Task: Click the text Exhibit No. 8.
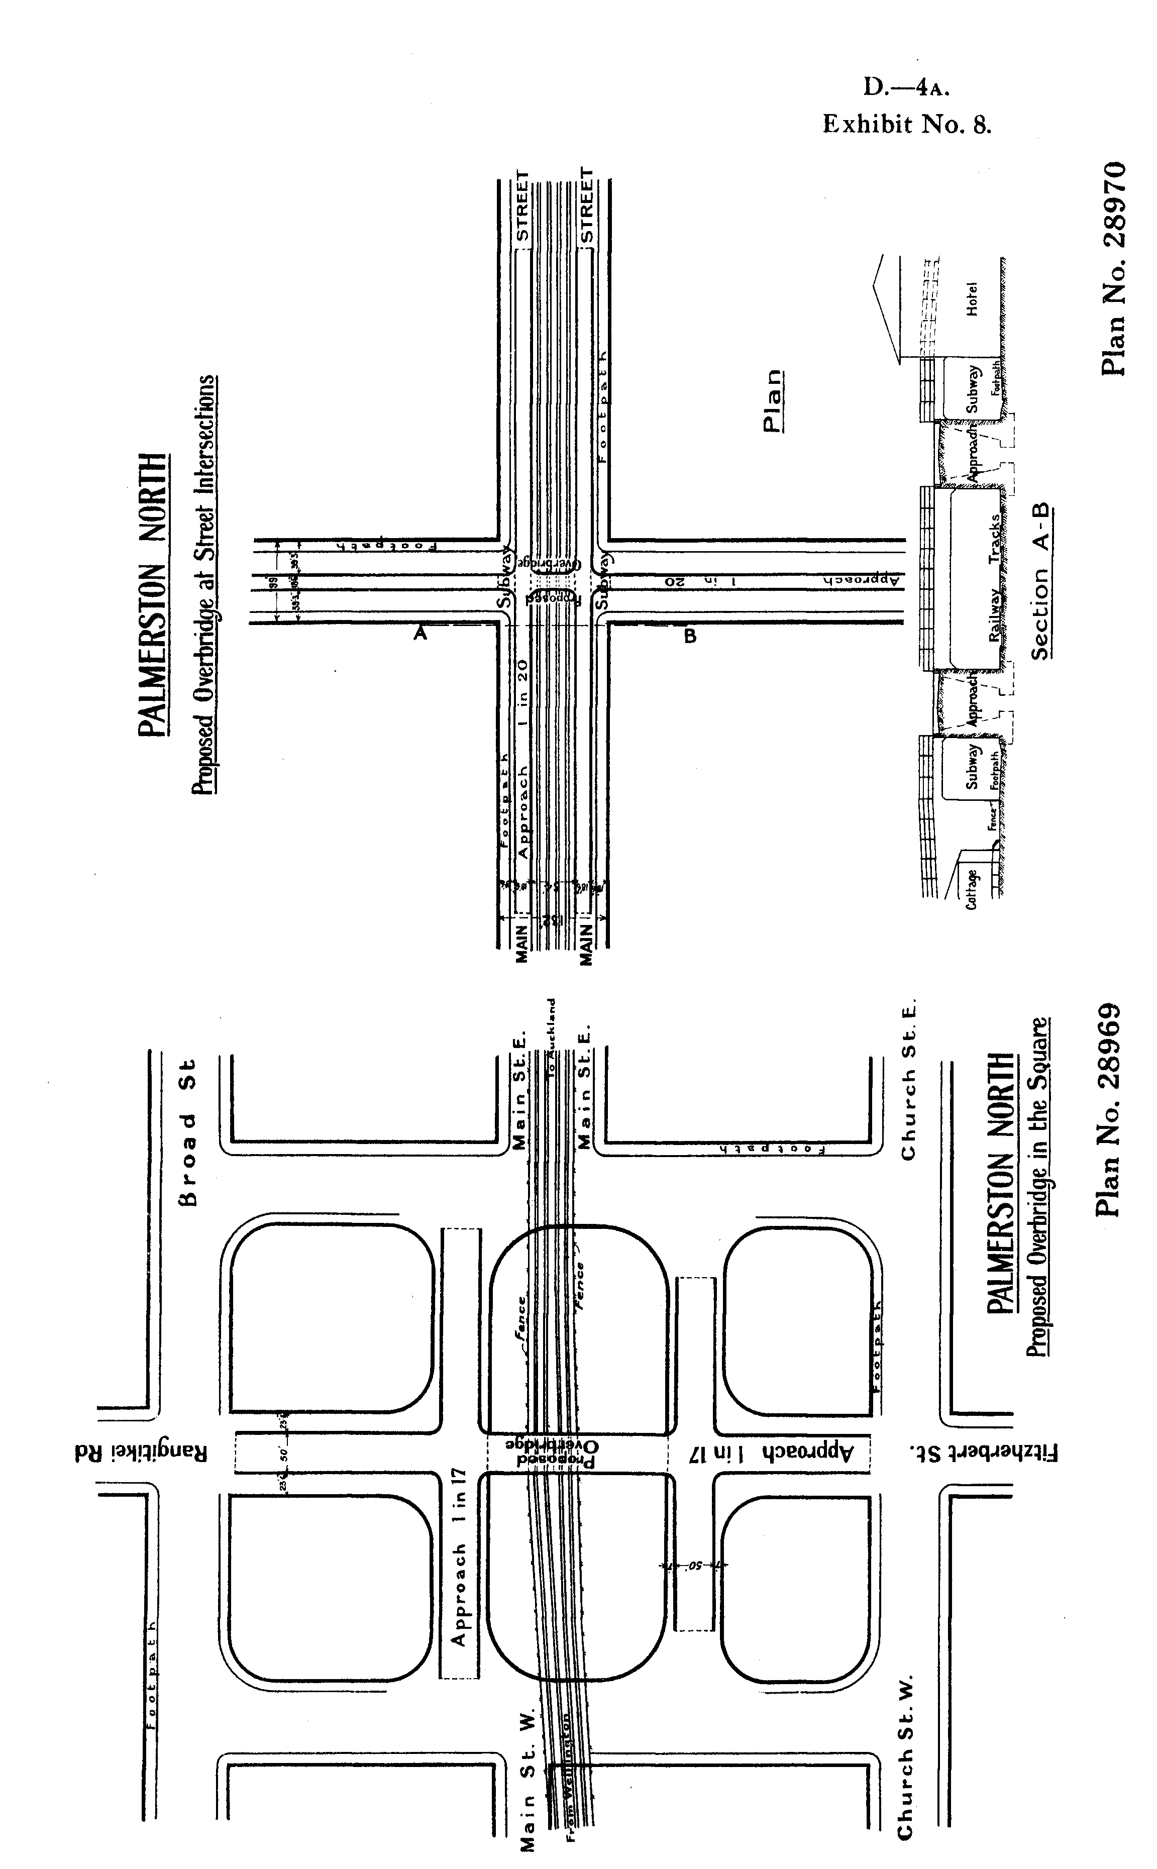click(907, 124)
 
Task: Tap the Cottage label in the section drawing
click(972, 888)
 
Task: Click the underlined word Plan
click(774, 401)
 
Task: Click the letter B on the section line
click(690, 636)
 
